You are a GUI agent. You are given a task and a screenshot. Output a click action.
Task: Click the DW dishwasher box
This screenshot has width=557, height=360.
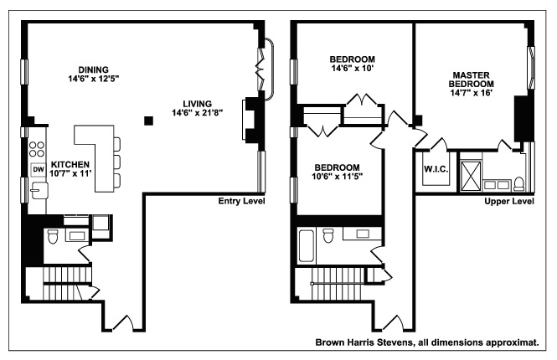[x=38, y=170]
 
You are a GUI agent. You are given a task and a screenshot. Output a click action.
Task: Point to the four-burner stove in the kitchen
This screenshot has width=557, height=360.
[x=38, y=150]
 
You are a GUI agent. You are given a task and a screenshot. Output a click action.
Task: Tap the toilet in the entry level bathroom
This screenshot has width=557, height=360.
[x=52, y=238]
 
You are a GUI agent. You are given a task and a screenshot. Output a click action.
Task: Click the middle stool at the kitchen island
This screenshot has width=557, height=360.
[x=116, y=161]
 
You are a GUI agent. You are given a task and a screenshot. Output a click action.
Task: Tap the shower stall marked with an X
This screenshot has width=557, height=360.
[x=469, y=174]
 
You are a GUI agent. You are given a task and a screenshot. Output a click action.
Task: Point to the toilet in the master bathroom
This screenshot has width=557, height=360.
[x=518, y=182]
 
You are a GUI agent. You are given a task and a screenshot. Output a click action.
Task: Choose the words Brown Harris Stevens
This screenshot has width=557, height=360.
[x=364, y=342]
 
